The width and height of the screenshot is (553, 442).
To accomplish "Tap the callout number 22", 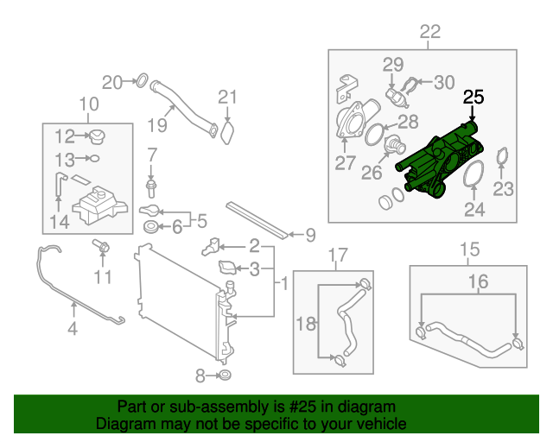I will pos(429,34).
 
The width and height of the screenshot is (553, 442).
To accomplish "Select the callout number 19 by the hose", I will pos(156,125).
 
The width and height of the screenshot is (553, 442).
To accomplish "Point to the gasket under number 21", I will pos(226,133).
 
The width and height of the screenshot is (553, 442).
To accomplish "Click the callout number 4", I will pos(73,328).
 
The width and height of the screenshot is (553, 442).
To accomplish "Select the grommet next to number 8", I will pos(224,376).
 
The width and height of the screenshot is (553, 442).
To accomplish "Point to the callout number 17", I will pos(337,255).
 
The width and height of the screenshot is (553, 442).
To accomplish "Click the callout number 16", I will pos(478,281).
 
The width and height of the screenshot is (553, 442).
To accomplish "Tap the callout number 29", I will pos(393,65).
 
